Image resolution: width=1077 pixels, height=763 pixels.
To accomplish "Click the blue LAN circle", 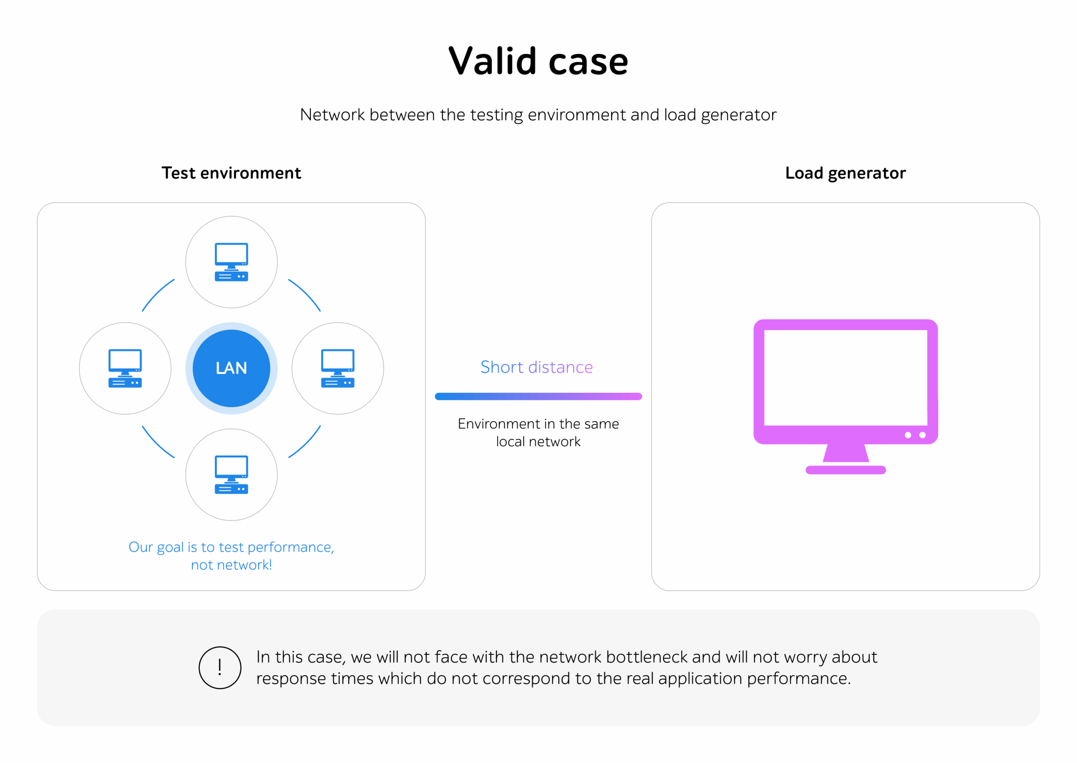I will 231,368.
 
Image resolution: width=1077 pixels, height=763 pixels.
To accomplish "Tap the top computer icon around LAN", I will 231,262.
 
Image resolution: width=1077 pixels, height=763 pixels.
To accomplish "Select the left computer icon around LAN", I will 125,368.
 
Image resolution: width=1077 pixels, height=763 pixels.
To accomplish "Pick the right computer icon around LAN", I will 337,368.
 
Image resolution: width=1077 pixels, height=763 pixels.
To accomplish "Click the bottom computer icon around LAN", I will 231,474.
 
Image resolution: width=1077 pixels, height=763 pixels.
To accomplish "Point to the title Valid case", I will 538,61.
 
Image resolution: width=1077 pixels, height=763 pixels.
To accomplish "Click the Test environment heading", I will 231,173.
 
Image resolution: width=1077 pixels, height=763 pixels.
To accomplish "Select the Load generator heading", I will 845,173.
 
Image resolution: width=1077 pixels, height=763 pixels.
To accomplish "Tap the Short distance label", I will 536,367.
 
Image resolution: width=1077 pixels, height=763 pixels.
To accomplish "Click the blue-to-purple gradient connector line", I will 538,396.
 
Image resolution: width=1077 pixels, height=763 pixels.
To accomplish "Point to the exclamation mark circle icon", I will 220,667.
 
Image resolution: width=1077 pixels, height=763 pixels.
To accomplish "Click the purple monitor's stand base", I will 845,470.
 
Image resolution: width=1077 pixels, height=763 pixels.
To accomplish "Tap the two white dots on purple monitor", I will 915,435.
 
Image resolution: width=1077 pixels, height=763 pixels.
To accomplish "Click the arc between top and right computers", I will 306,294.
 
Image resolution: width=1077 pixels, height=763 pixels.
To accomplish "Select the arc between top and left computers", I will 157,294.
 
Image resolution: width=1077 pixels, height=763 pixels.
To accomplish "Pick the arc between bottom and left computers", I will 157,443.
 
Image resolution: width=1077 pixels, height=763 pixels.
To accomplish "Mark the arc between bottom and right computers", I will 306,443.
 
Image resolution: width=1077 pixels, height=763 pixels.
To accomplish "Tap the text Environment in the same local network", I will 538,432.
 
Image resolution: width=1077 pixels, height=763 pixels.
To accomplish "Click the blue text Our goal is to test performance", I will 231,547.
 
